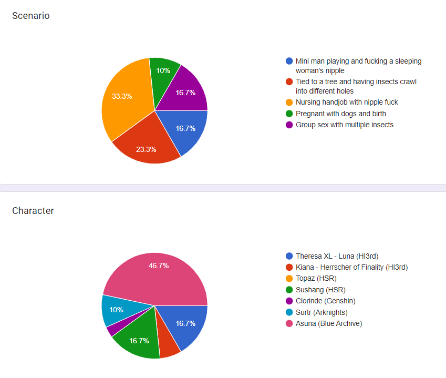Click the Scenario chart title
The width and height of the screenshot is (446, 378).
tap(30, 16)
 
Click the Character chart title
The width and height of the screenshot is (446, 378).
tap(33, 211)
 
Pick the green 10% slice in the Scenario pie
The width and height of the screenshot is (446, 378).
tap(163, 74)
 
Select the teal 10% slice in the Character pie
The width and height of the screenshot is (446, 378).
tap(117, 311)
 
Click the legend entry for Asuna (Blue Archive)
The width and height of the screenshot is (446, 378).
tap(328, 323)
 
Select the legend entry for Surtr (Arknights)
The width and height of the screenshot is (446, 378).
tap(321, 312)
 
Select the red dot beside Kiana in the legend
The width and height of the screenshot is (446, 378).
tap(289, 267)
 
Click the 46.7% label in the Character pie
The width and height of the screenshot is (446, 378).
tap(159, 265)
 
